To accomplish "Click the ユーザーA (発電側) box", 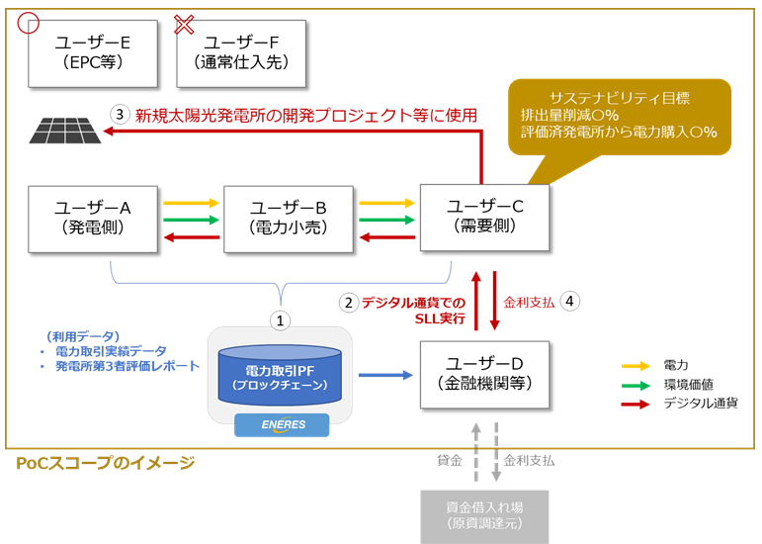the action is [x=93, y=220].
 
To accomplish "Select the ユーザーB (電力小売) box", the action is [x=289, y=220].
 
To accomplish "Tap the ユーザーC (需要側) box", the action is [x=485, y=218].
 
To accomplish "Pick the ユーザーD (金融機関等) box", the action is [x=485, y=375].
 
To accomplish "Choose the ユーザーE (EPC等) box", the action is [x=93, y=53].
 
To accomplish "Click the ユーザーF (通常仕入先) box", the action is [x=241, y=53].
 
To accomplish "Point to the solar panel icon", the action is [x=65, y=131].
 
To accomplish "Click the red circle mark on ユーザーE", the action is [x=29, y=23].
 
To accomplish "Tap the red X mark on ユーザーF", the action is [x=184, y=25].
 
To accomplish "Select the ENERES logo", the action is [x=282, y=425].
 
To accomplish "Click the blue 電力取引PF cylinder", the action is [x=280, y=375].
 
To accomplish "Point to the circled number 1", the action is [x=280, y=320].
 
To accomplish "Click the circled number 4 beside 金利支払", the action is [x=569, y=302].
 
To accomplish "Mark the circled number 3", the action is [x=120, y=115].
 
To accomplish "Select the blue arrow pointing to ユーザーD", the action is [x=385, y=375].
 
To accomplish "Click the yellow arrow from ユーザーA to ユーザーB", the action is [x=192, y=203].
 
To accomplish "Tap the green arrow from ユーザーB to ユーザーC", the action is [x=386, y=220].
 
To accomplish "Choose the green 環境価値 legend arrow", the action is [x=635, y=386].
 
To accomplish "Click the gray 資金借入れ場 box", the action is [x=484, y=517].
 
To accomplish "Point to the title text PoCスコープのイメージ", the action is [x=106, y=463].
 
